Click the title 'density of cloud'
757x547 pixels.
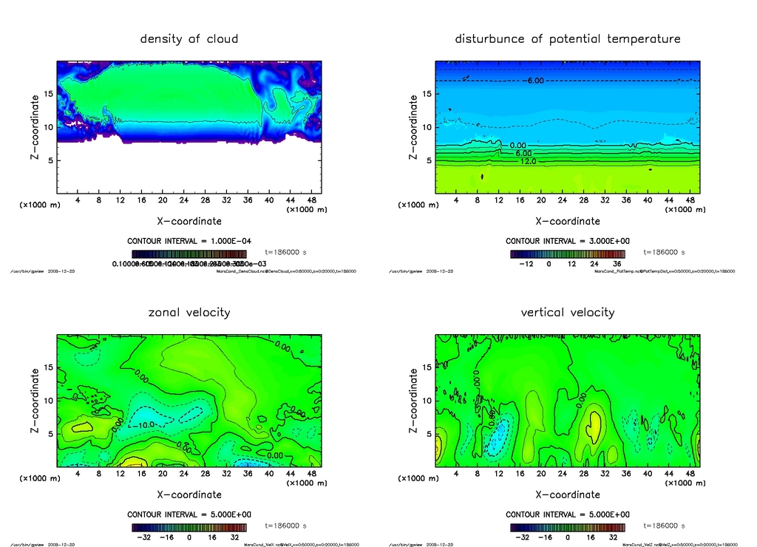[189, 38]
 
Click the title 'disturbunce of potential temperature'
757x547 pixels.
[568, 38]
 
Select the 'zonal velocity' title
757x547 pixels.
[189, 312]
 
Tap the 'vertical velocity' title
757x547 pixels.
[568, 312]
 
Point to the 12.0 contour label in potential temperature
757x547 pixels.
[528, 160]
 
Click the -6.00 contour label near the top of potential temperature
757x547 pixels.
[535, 81]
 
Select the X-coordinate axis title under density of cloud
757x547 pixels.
[189, 220]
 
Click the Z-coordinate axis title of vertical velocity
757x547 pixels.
[413, 400]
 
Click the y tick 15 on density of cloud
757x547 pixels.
[48, 93]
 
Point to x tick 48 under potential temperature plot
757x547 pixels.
[688, 200]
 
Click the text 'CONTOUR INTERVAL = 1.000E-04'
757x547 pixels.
[189, 241]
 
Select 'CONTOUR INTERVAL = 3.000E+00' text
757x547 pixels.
[567, 241]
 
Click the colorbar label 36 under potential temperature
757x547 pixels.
[615, 263]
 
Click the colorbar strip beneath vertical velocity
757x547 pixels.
[567, 528]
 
